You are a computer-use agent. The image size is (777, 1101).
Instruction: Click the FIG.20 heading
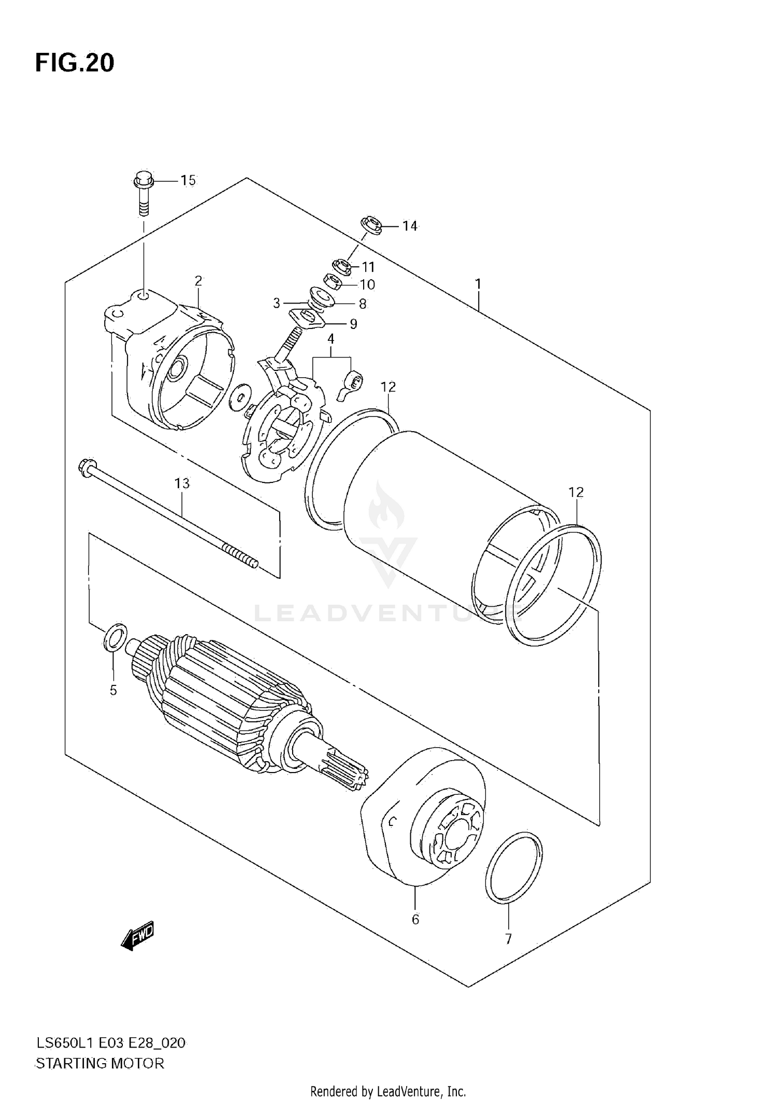75,63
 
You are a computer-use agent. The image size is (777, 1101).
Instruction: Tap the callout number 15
188,180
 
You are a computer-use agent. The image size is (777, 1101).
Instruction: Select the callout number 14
409,226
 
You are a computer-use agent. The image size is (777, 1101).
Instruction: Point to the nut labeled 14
371,225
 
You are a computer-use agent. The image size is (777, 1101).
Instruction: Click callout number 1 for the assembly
478,284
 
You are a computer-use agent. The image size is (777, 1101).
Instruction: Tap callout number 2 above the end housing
198,281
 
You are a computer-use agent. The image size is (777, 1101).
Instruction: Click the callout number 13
182,483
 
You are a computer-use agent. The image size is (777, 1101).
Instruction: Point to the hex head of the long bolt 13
84,466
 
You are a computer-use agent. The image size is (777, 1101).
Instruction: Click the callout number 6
415,920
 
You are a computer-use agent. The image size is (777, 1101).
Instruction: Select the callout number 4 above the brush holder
330,339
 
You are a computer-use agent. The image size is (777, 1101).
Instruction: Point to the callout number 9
353,324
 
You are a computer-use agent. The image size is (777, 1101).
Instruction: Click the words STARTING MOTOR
99,1064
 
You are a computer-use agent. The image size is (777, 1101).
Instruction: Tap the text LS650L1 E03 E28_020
110,1043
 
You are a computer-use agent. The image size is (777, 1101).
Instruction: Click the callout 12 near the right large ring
576,492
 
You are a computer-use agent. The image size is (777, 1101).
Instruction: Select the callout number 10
367,284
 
